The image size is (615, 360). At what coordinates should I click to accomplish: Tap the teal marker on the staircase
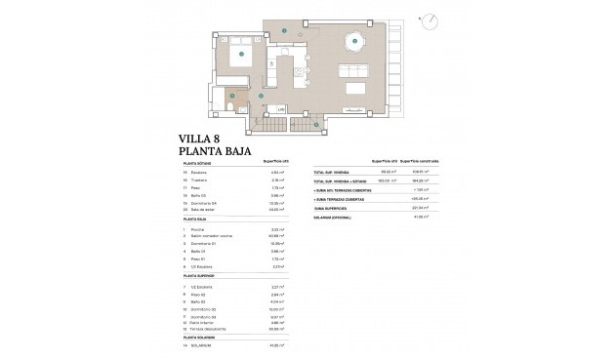[x=316, y=124]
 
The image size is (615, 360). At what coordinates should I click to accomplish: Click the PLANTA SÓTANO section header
[x=198, y=164]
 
